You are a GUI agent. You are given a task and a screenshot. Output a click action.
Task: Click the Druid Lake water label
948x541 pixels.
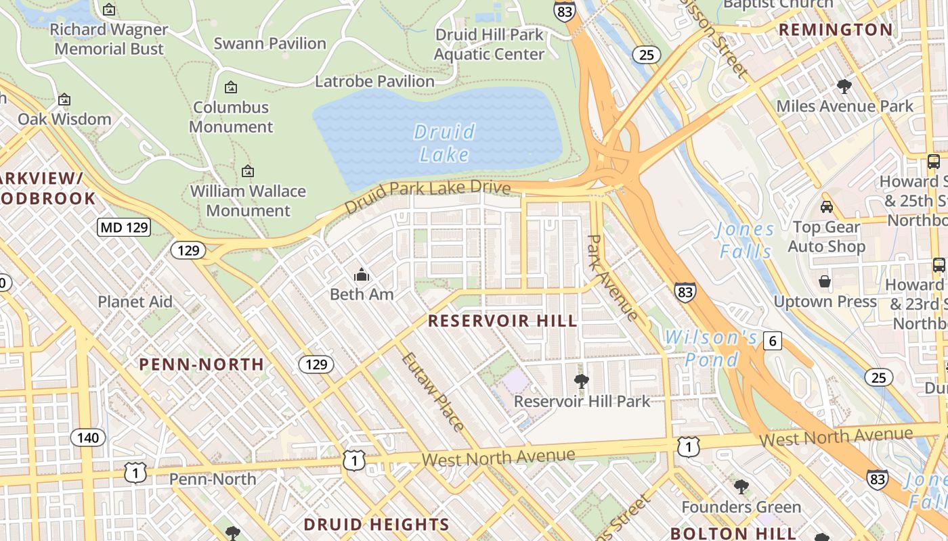point(444,143)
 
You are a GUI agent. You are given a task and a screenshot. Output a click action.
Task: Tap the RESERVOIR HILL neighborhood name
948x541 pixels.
point(503,321)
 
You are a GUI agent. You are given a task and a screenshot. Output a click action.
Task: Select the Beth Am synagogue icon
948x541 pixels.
point(362,275)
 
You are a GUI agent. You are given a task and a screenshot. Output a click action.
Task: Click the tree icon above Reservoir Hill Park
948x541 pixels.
point(581,381)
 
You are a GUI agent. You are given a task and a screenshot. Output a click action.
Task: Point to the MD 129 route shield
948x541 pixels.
point(124,227)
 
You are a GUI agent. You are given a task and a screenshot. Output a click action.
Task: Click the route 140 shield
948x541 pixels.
point(88,438)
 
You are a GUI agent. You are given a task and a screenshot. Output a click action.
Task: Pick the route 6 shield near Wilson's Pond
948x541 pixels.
point(773,341)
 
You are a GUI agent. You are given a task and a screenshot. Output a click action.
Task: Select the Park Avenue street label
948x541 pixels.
point(612,278)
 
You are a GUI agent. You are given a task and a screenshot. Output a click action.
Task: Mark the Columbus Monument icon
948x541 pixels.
point(231,87)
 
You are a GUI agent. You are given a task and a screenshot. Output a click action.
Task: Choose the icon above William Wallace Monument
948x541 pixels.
point(248,171)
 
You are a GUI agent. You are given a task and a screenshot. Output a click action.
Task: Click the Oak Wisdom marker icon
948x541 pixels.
point(64,99)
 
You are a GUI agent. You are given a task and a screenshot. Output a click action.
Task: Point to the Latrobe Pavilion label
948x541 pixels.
point(375,81)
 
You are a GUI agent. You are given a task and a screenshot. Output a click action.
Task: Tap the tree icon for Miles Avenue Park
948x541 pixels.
point(844,86)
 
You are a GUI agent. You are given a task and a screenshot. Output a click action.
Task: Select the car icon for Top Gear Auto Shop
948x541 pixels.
point(826,206)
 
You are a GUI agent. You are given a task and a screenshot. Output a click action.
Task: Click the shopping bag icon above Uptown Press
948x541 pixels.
point(825,281)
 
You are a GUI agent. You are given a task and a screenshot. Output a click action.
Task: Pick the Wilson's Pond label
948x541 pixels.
point(710,348)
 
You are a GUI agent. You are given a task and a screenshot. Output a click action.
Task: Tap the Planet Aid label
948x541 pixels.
point(135,302)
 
